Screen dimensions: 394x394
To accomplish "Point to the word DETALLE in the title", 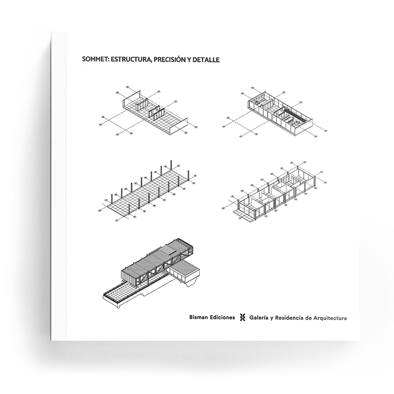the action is (x=207, y=60).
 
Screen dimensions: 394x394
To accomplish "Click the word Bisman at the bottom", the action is (x=198, y=317).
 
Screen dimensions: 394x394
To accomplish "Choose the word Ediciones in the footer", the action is (x=223, y=317).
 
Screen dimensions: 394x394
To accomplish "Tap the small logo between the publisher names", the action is (x=242, y=318).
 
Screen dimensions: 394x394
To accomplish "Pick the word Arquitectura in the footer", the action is (x=330, y=318).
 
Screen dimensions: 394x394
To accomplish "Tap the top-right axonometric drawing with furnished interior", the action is (x=275, y=112).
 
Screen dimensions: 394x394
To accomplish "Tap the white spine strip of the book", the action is (x=58, y=186).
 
